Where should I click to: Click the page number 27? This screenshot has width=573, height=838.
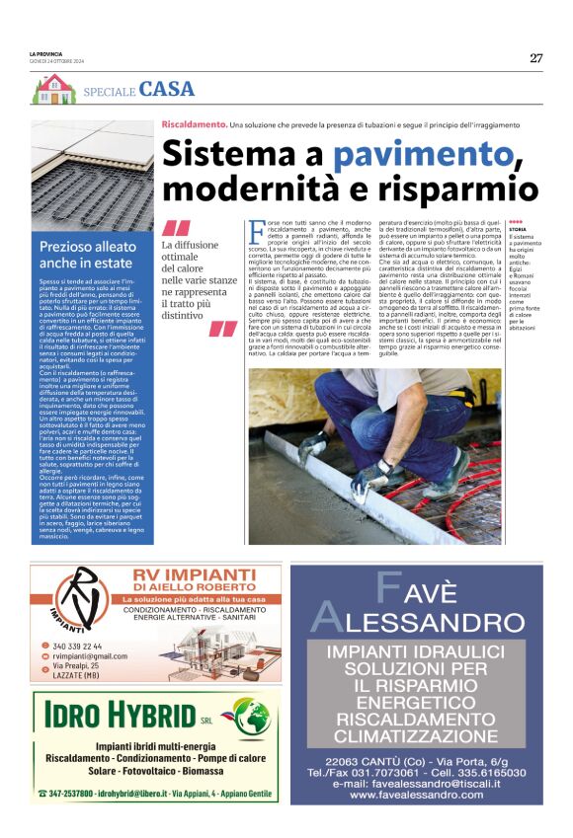click(535, 57)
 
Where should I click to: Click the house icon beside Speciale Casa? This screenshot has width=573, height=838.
click(52, 89)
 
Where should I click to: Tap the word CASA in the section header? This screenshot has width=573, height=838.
click(167, 89)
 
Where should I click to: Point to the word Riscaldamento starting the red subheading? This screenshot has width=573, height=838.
click(194, 125)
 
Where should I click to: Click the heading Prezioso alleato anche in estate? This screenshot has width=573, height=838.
click(90, 255)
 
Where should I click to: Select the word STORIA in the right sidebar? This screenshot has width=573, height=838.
click(517, 229)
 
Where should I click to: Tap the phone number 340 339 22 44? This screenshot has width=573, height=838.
click(78, 647)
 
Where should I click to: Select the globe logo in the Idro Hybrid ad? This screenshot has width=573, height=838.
click(253, 717)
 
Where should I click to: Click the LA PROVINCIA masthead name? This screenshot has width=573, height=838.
click(46, 52)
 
